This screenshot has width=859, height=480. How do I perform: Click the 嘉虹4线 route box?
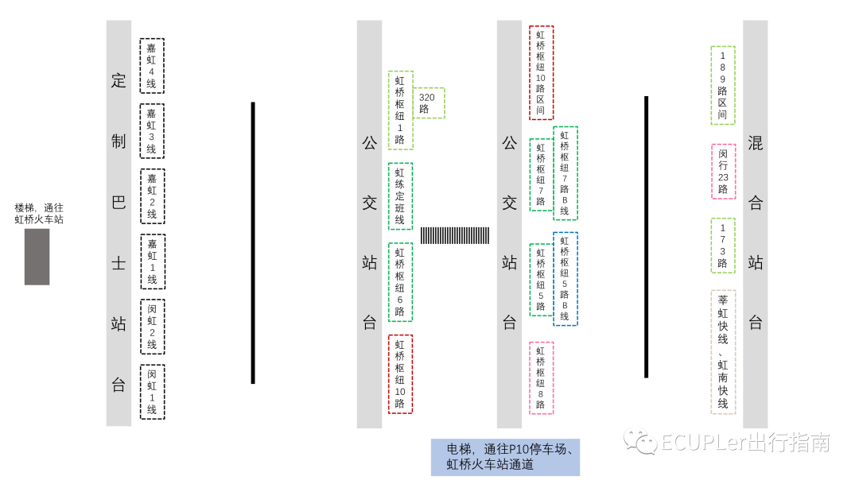(152, 66)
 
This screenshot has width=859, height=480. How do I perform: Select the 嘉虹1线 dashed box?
(152, 261)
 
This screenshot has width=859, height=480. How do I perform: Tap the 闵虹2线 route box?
(152, 327)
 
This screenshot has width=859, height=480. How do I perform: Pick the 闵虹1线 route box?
(152, 392)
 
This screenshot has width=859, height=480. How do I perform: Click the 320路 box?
(429, 103)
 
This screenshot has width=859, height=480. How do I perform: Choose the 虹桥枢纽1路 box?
(400, 110)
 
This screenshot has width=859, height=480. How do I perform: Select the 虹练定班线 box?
(400, 196)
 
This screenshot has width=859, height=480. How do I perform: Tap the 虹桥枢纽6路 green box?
(400, 282)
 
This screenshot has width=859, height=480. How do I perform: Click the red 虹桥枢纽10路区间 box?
(541, 72)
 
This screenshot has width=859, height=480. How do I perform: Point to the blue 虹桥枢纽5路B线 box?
(565, 278)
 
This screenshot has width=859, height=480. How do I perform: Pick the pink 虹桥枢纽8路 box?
(541, 377)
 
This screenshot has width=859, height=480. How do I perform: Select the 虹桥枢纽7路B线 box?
(565, 172)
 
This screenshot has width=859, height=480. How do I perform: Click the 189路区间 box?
(722, 85)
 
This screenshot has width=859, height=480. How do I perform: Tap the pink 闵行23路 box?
(722, 171)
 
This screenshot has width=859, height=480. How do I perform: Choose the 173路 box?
(722, 246)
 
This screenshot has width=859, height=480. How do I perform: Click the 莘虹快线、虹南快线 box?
(722, 352)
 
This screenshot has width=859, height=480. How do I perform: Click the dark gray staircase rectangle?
(37, 257)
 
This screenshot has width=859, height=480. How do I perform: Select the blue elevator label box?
(505, 457)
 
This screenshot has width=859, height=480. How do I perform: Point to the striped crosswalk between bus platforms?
(455, 235)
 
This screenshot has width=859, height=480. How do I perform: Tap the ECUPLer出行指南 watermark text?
(727, 443)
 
